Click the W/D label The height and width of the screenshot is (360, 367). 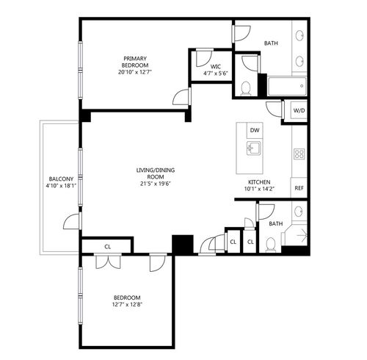[299, 110]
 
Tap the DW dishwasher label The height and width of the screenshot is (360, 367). [255, 130]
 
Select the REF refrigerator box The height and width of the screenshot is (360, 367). [299, 188]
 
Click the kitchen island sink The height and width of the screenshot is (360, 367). [254, 148]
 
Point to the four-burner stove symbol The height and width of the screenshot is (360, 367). [299, 154]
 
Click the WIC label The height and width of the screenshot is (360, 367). [216, 66]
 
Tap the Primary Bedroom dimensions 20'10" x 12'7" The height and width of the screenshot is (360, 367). [135, 72]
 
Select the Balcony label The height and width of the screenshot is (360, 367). [61, 179]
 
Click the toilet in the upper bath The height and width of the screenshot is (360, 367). [246, 89]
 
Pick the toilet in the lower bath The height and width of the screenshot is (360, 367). [271, 245]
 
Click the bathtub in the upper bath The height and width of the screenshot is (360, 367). [287, 86]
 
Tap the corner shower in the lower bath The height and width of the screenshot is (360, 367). [294, 234]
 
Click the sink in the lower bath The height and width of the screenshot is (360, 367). [299, 212]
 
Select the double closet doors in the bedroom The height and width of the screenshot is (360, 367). [108, 262]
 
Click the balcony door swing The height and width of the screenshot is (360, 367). [72, 221]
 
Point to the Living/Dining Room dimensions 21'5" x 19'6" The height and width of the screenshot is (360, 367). [156, 184]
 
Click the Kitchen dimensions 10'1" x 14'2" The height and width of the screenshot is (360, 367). [259, 189]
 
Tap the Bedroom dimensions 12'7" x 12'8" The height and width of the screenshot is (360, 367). [127, 305]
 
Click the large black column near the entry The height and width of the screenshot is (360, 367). [183, 245]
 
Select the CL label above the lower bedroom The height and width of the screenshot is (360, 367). [108, 247]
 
